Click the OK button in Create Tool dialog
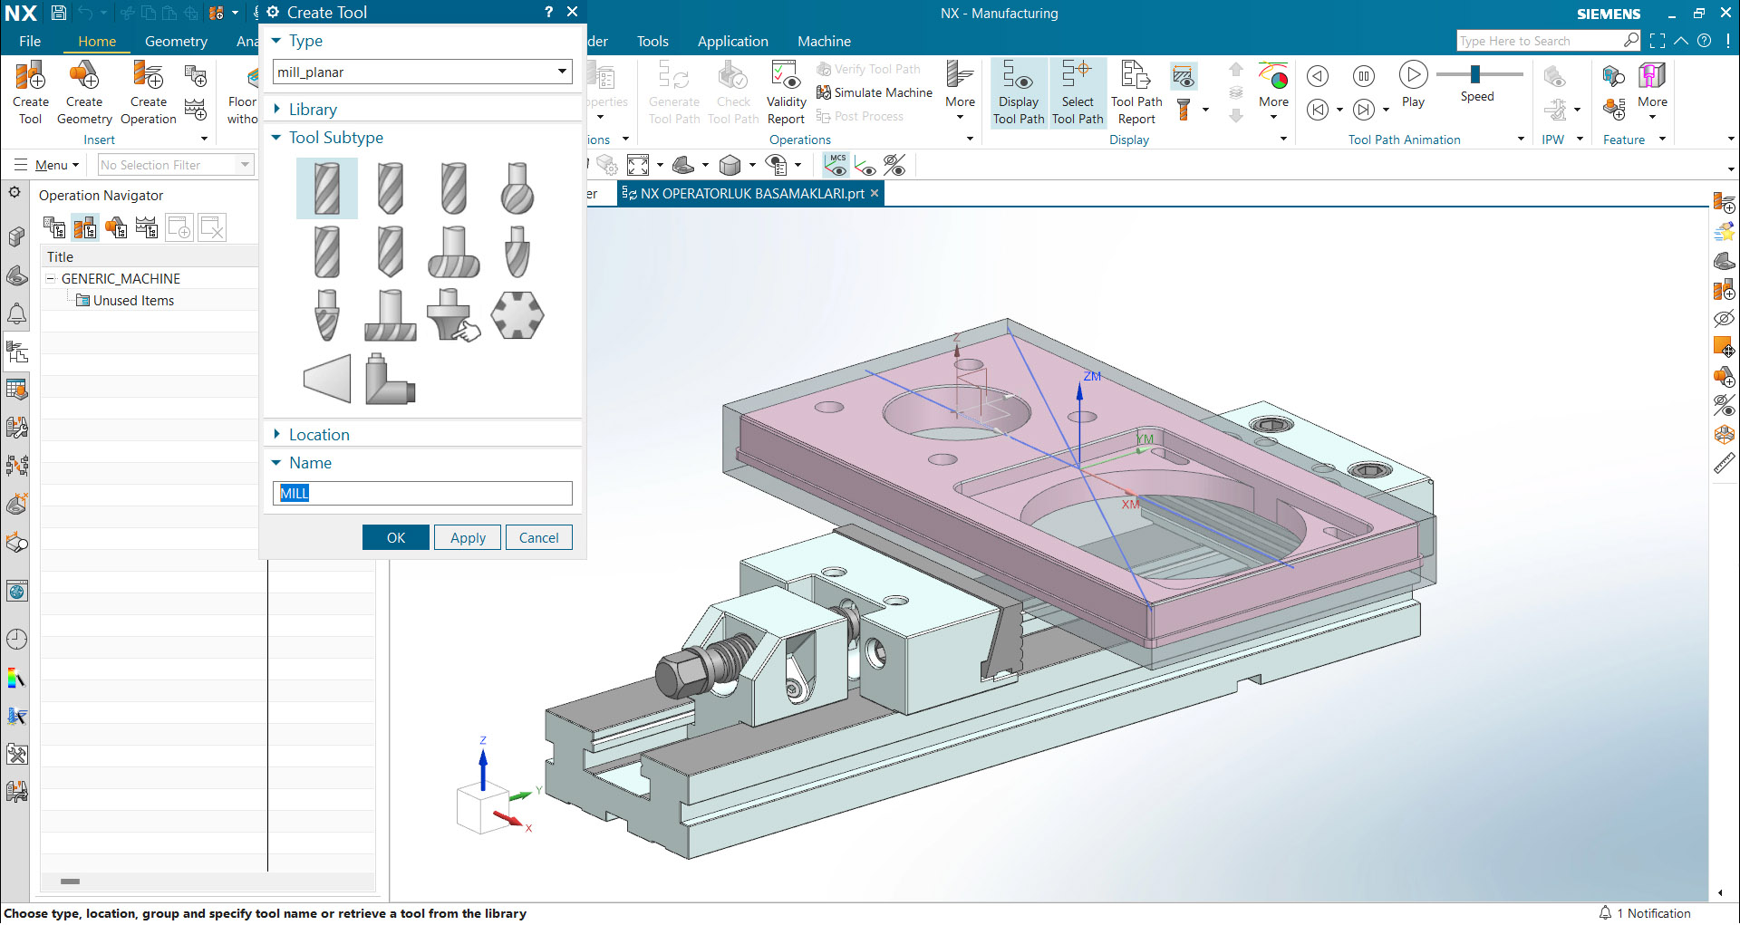tap(395, 537)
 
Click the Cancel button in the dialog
tap(538, 537)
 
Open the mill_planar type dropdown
tap(562, 72)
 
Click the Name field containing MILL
tap(422, 493)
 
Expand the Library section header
tap(312, 110)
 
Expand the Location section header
tap(318, 435)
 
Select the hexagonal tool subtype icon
tap(517, 315)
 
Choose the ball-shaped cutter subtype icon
tap(517, 188)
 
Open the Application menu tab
tap(732, 42)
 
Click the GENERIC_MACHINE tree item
tap(121, 279)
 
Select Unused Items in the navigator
tap(133, 301)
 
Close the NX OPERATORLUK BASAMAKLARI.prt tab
tap(875, 194)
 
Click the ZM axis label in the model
tap(1092, 376)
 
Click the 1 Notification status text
tap(1658, 913)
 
